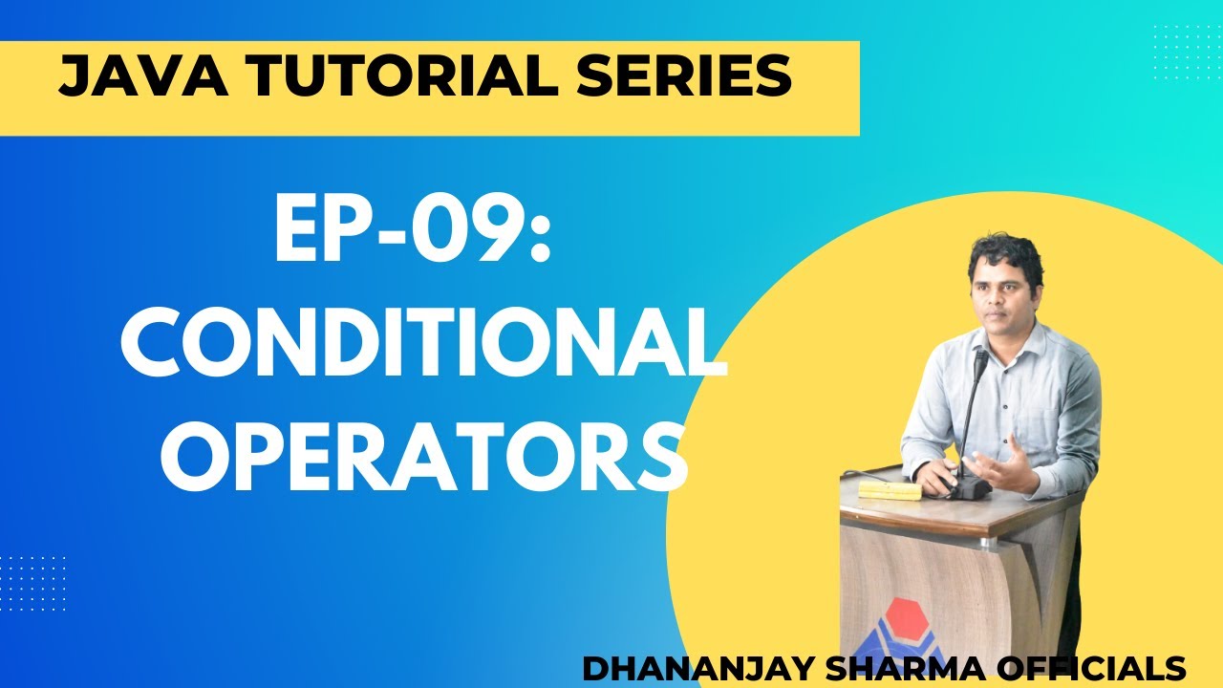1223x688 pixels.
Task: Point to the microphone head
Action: [980, 363]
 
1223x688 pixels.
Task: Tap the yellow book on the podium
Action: [889, 489]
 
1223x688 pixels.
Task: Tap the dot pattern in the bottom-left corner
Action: [33, 583]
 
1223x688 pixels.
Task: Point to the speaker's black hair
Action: [1003, 251]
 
